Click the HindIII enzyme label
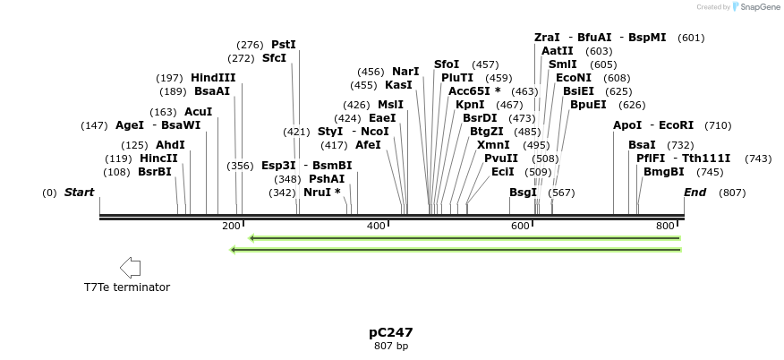click(213, 78)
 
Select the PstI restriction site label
click(283, 45)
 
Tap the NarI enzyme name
click(405, 72)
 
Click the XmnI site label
click(493, 145)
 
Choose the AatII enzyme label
click(557, 51)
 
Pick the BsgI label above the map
click(523, 193)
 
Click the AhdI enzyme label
click(170, 145)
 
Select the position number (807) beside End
click(732, 193)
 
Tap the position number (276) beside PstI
click(250, 45)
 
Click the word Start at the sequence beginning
click(79, 193)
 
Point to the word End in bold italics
click(695, 193)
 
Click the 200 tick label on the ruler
click(231, 227)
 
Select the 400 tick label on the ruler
click(376, 227)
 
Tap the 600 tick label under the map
click(521, 227)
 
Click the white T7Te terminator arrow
click(130, 267)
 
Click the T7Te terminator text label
click(127, 287)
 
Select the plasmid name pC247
click(391, 332)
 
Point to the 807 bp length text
click(391, 346)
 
